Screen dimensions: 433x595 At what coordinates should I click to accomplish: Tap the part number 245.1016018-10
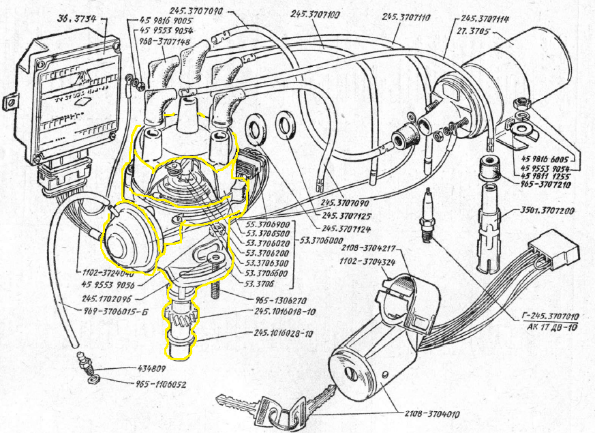click(284, 310)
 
